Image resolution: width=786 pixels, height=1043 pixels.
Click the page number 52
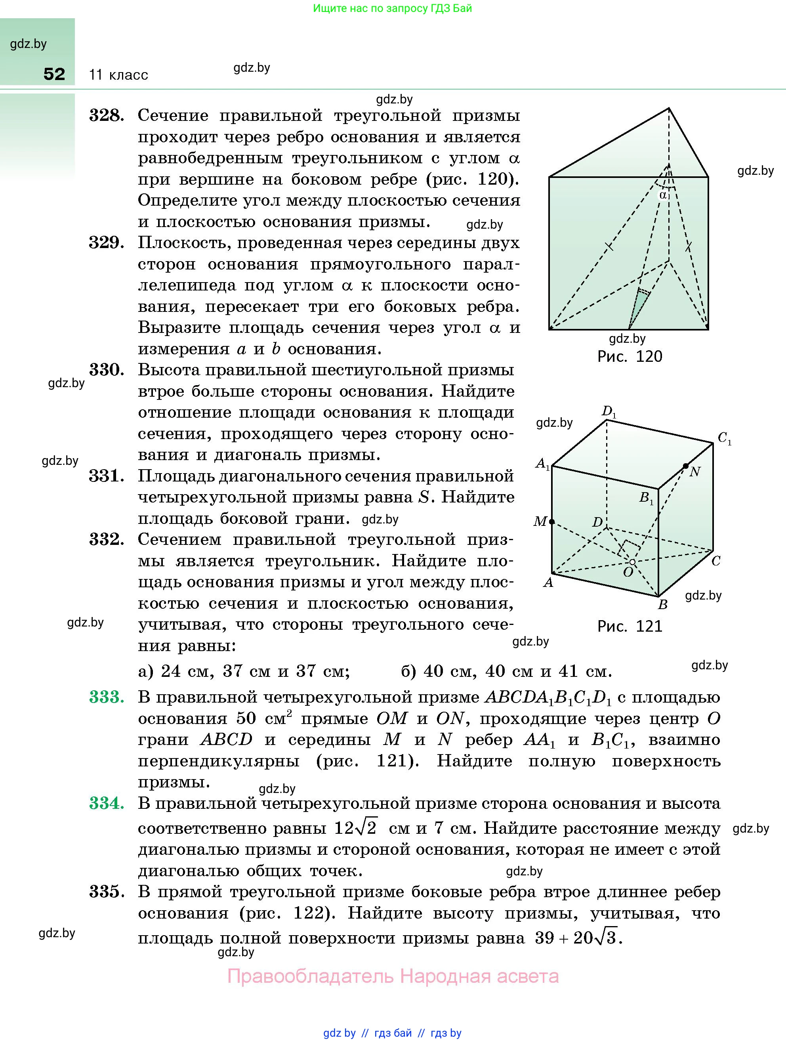(x=54, y=74)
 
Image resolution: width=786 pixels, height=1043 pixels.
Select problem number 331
(x=107, y=476)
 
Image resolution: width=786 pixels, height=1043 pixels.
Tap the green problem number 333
(x=107, y=697)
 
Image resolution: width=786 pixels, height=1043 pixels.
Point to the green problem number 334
(x=107, y=803)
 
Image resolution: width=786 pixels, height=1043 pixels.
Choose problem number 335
(x=107, y=892)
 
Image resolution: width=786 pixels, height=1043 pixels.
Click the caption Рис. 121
(x=630, y=626)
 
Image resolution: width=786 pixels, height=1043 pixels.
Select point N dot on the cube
(x=685, y=466)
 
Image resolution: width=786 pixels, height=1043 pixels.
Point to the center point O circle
(x=632, y=562)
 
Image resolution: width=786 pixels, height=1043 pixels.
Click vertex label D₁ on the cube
(x=609, y=412)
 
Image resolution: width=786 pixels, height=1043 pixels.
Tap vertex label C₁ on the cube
(x=724, y=439)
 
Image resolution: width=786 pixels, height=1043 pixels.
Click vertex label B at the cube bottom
(x=662, y=604)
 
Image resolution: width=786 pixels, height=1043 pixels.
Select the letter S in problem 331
(x=424, y=497)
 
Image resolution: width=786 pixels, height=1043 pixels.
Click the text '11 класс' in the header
(x=118, y=75)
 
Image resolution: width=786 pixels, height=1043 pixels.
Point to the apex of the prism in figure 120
(x=669, y=109)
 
